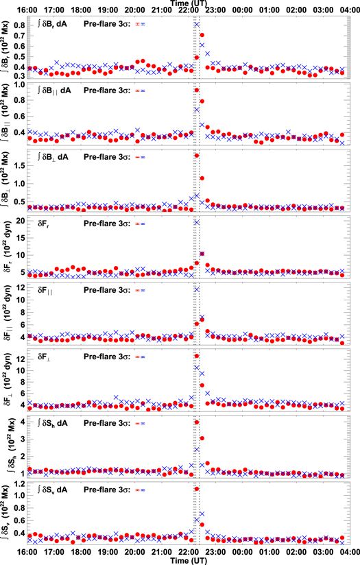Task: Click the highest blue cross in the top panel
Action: pyautogui.click(x=197, y=25)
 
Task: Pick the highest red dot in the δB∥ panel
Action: pyautogui.click(x=197, y=90)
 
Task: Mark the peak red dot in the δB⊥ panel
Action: pyautogui.click(x=197, y=156)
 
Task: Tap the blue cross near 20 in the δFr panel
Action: pyautogui.click(x=197, y=222)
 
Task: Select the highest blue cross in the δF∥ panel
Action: pyautogui.click(x=197, y=289)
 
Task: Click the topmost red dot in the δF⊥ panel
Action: pyautogui.click(x=197, y=356)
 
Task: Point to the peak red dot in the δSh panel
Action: pyautogui.click(x=197, y=422)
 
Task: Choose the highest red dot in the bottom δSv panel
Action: pyautogui.click(x=197, y=489)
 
